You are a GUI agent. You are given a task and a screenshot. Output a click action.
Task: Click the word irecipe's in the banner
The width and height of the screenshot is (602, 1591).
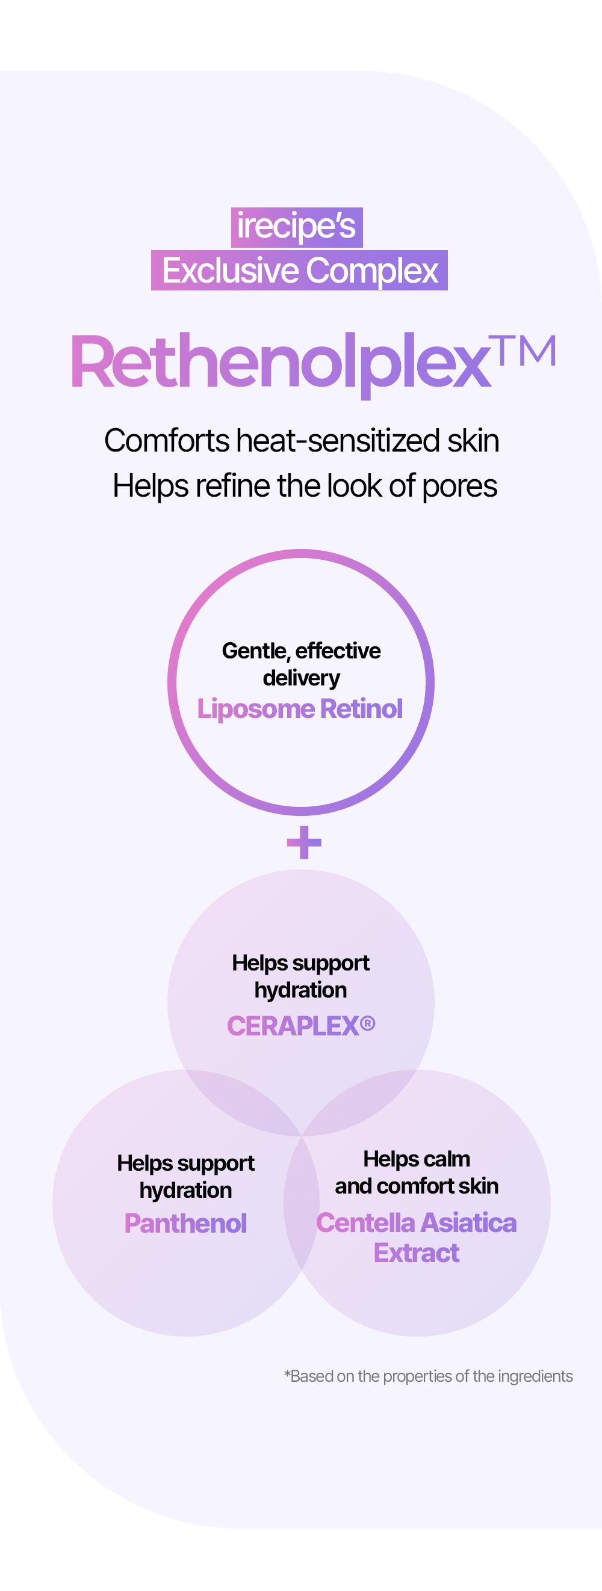click(297, 227)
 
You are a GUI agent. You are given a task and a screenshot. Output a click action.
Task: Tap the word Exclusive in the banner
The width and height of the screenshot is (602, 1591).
click(230, 271)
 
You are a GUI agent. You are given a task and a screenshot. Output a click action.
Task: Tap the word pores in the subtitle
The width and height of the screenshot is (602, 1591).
click(459, 487)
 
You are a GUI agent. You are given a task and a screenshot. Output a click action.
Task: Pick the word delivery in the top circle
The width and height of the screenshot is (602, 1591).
click(301, 678)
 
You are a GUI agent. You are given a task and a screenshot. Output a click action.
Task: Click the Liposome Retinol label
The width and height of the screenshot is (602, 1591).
click(300, 708)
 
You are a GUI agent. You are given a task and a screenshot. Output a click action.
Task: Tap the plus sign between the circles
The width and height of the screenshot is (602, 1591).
click(304, 842)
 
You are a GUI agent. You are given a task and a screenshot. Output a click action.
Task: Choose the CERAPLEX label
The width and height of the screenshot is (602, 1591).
click(293, 1026)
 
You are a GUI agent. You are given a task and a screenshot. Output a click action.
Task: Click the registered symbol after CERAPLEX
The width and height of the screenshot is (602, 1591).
click(367, 1023)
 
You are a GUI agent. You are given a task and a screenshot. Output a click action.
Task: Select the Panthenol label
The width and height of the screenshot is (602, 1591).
click(185, 1223)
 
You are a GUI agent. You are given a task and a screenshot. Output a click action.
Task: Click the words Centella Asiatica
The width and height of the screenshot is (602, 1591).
click(416, 1223)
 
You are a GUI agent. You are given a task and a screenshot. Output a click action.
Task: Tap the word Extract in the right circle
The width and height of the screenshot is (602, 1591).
click(417, 1253)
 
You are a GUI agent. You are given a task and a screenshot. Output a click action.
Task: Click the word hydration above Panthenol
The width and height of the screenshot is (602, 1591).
click(185, 1190)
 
